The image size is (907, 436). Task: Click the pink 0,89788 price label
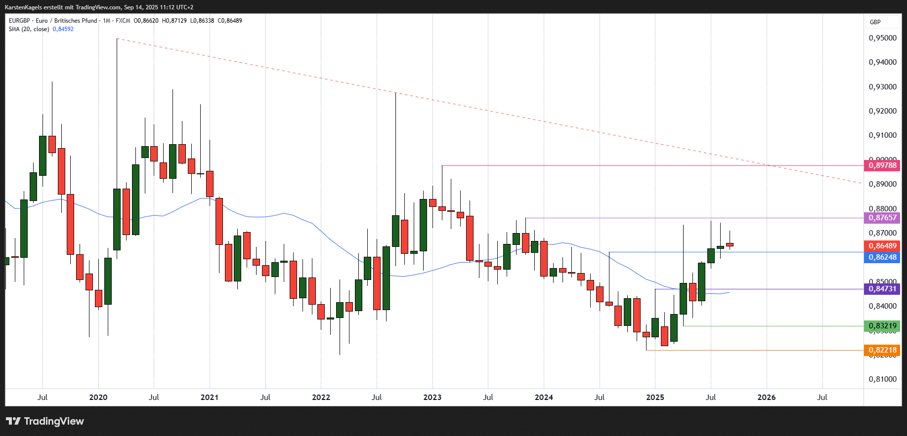pyautogui.click(x=882, y=165)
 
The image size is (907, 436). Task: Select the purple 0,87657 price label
pyautogui.click(x=882, y=218)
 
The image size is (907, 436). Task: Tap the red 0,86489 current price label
pyautogui.click(x=882, y=246)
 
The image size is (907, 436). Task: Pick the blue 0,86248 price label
pyautogui.click(x=882, y=257)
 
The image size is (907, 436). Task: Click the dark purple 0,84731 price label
pyautogui.click(x=882, y=289)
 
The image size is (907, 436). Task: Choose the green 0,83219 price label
pyautogui.click(x=882, y=326)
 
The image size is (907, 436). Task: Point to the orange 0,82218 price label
pyautogui.click(x=882, y=350)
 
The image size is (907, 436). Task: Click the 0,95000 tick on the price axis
pyautogui.click(x=882, y=38)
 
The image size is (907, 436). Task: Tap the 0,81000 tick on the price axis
pyautogui.click(x=882, y=379)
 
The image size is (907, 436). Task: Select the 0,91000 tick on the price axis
pyautogui.click(x=882, y=135)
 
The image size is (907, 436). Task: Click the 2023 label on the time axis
pyautogui.click(x=432, y=397)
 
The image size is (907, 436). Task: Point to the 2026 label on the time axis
pyautogui.click(x=767, y=397)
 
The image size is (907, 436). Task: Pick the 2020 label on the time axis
pyautogui.click(x=98, y=397)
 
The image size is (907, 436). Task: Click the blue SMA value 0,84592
pyautogui.click(x=63, y=29)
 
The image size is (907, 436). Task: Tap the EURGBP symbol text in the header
pyautogui.click(x=19, y=21)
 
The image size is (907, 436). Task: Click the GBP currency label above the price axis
pyautogui.click(x=875, y=22)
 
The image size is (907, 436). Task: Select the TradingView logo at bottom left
pyautogui.click(x=45, y=421)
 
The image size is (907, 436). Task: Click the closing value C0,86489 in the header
pyautogui.click(x=230, y=21)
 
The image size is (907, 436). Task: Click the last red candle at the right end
pyautogui.click(x=730, y=244)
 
